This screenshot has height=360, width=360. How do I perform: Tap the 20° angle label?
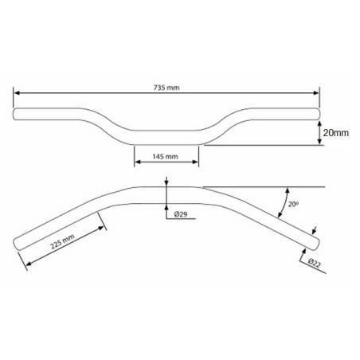[293, 205]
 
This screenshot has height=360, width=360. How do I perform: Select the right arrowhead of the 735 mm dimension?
[315, 92]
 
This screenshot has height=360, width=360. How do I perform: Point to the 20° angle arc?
[284, 203]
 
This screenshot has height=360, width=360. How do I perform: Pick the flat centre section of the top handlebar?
[166, 136]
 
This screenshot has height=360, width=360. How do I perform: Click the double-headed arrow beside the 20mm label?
[318, 133]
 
